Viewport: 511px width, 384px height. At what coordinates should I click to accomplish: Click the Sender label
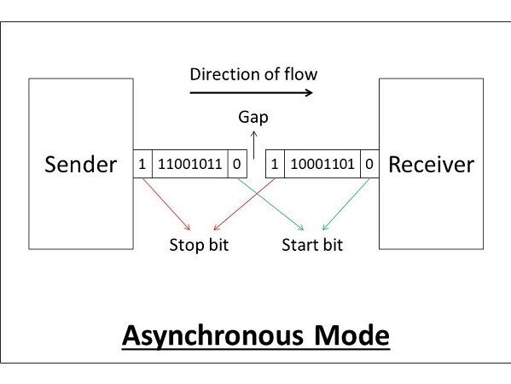pos(80,165)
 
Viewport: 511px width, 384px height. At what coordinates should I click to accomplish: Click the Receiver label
pos(431,165)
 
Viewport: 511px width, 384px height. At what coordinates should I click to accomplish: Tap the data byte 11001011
pos(190,164)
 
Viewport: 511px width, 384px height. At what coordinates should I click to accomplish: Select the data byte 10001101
pos(322,164)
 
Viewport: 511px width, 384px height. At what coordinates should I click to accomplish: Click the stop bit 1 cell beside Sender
pos(142,164)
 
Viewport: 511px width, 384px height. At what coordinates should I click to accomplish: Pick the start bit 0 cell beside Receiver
pos(369,164)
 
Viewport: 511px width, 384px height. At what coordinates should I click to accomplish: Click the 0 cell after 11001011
pos(237,164)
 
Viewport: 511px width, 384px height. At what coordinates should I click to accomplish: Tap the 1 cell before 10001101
pos(275,164)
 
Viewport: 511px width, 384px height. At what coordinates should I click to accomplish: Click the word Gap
pos(253,117)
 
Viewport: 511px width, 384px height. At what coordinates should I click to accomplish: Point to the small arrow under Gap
pos(254,145)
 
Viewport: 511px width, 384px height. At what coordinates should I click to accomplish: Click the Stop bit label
pos(199,245)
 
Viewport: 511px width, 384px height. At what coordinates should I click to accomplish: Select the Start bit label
pos(312,245)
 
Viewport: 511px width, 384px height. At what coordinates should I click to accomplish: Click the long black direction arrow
pos(252,93)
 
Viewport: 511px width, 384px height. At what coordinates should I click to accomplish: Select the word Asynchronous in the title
pos(212,335)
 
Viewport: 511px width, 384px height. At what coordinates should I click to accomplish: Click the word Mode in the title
pos(352,335)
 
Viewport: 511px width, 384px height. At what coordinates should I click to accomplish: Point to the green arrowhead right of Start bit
pos(325,227)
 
